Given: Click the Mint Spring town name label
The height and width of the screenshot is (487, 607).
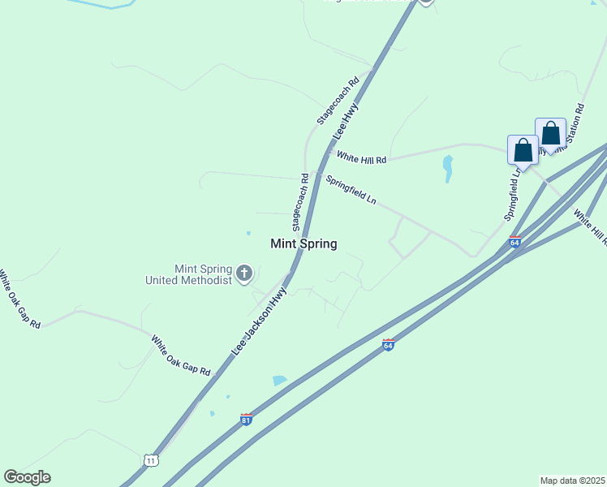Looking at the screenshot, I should point(303,243).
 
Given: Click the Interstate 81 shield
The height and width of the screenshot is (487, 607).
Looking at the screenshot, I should point(246,420).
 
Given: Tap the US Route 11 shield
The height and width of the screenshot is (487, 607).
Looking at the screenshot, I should point(151,460).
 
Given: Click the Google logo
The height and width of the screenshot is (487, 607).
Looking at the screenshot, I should point(27,477).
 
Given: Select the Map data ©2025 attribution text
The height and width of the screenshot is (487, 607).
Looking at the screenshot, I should point(573,481).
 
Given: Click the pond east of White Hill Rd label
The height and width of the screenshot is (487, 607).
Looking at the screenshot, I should point(447,168).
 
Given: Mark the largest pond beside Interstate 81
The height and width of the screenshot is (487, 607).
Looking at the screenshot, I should point(279,380).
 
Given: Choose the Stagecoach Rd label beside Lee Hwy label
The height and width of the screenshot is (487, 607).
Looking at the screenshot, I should point(338,101).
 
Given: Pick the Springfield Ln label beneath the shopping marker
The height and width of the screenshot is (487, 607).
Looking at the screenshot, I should point(512,196).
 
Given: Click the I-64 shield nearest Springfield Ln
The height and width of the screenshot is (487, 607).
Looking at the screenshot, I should point(514,242).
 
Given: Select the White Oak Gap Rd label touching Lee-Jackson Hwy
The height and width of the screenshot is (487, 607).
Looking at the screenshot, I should point(180,355).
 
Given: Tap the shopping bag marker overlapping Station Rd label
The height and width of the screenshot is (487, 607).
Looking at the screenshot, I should point(550,134).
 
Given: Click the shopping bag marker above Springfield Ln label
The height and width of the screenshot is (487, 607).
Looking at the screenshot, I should point(523,150).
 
